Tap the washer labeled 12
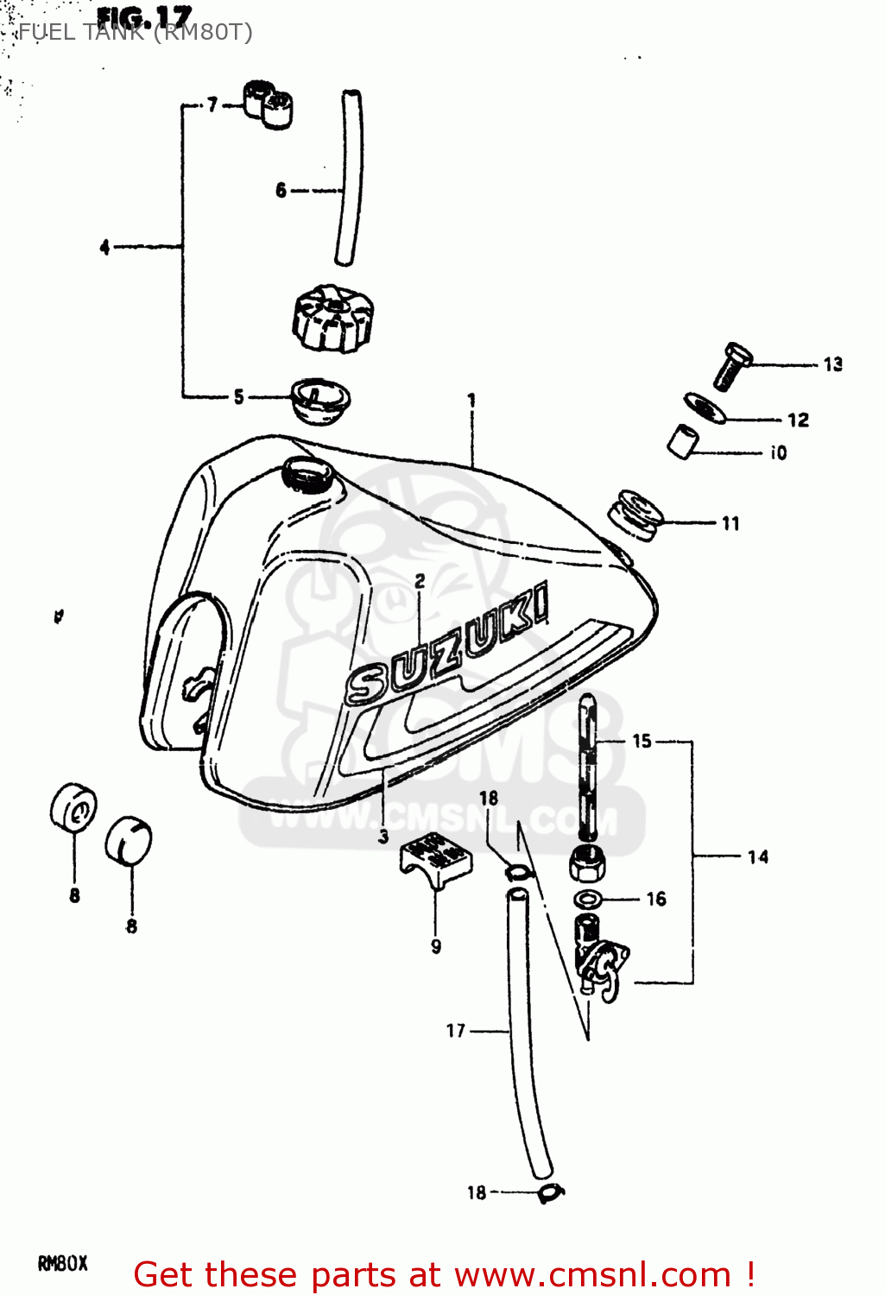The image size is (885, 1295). [x=705, y=407]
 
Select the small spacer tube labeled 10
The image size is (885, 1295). [x=683, y=441]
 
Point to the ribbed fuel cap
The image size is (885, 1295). [x=333, y=319]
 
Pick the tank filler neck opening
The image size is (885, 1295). [x=309, y=475]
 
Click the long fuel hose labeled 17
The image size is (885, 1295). [x=528, y=1036]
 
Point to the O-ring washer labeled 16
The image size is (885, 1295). [x=590, y=899]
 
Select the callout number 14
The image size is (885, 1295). [x=758, y=856]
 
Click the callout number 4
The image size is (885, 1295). [x=104, y=247]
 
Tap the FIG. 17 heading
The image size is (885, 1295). [x=144, y=17]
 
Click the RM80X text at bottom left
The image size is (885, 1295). [x=63, y=1264]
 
